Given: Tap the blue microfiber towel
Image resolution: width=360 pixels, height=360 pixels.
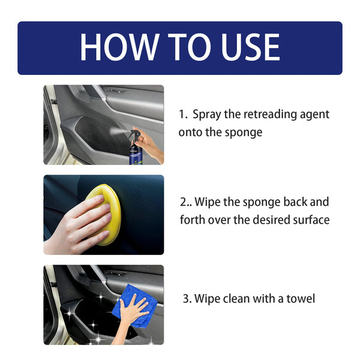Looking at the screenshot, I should [133, 312].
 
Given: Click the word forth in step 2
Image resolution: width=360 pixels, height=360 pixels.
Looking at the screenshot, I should [193, 220].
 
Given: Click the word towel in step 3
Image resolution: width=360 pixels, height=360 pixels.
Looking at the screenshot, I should [302, 298].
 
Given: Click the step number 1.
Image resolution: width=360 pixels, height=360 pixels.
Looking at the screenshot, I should [182, 114].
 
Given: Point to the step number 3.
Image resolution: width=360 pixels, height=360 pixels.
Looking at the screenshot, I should [186, 298].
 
